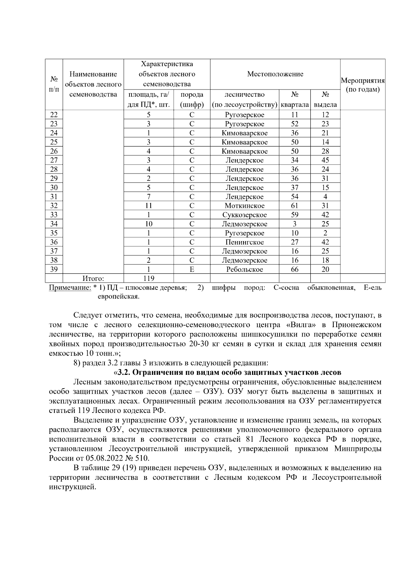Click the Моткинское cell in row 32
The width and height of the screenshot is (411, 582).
[x=244, y=206]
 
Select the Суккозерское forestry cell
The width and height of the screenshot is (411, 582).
[x=244, y=215]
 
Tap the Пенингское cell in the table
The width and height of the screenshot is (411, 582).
[x=244, y=242]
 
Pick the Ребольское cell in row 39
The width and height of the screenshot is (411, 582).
[x=244, y=270]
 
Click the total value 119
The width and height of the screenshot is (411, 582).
[x=149, y=278]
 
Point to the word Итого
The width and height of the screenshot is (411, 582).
[x=93, y=278]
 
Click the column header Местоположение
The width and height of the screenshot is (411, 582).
[x=275, y=74]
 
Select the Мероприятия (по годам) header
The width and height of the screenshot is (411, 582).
[x=363, y=85]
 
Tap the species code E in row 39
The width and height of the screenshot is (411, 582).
[x=192, y=270]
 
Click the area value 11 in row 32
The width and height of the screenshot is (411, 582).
[x=149, y=206]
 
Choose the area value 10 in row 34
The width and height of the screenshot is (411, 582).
[x=149, y=224]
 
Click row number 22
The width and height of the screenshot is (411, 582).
[x=54, y=115]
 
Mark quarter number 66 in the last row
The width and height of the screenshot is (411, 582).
[x=295, y=270]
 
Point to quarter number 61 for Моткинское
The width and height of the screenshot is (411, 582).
[x=295, y=206]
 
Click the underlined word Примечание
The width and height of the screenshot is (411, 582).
[x=70, y=288]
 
